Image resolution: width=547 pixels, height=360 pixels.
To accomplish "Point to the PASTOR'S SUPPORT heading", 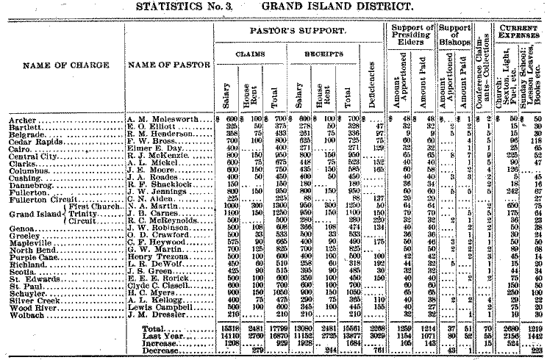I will pos(296,33).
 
